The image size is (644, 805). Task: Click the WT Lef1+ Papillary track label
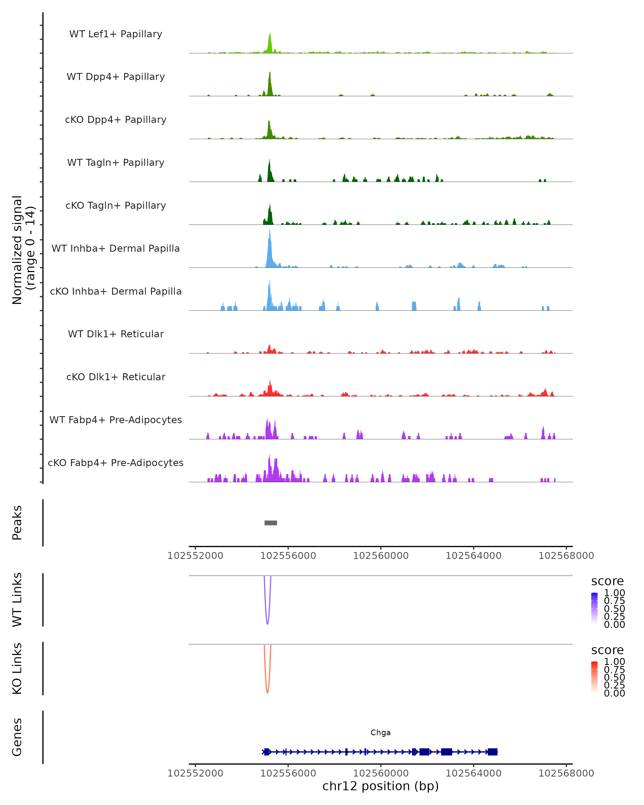[116, 34]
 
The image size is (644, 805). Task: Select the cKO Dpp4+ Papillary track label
[116, 120]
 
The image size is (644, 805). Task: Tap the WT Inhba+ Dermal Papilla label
[116, 249]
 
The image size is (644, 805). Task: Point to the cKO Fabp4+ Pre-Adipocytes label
[116, 463]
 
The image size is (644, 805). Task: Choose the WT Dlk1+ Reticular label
[116, 334]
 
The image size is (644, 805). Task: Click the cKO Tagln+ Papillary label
[116, 206]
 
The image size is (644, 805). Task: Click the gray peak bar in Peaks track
[271, 523]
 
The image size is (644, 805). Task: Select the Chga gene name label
[380, 733]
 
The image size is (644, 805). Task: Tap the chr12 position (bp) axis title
[380, 786]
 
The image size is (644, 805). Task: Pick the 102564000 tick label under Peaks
[473, 556]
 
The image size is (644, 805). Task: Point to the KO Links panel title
[17, 669]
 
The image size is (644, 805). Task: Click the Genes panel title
[17, 737]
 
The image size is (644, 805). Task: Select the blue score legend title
[608, 581]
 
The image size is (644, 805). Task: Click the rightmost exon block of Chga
[492, 752]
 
